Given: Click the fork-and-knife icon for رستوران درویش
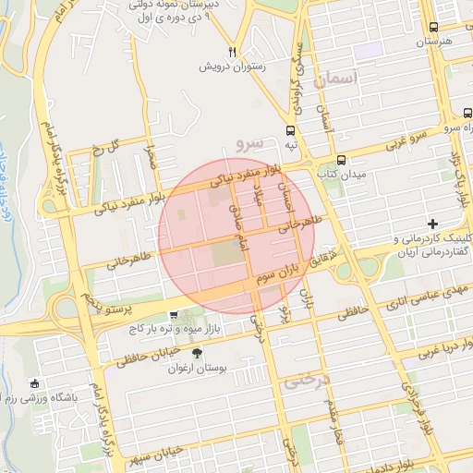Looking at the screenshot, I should [233, 53].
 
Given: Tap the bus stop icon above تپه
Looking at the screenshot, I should [291, 130].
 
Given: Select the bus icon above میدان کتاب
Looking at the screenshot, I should [341, 160].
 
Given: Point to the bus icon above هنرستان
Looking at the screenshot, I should [434, 29].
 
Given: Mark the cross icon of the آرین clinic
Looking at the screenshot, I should [433, 224].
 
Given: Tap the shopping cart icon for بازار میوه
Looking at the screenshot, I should [173, 314].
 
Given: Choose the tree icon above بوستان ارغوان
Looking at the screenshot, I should [196, 354].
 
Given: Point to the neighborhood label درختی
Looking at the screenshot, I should [306, 379].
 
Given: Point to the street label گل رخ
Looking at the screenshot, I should [110, 145].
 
